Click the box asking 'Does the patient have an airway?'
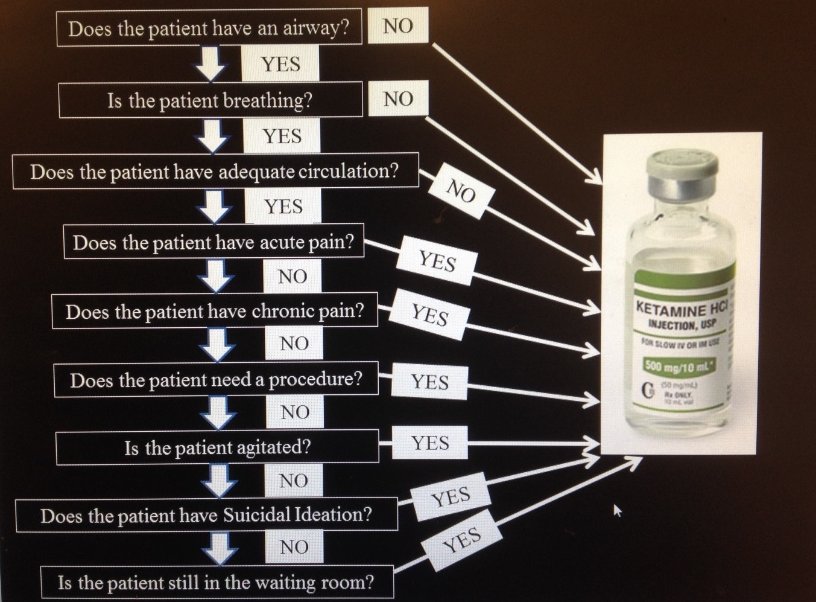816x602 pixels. pos(209,28)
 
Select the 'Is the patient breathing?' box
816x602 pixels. pos(210,100)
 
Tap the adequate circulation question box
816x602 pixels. pos(215,171)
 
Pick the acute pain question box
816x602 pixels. pos(213,242)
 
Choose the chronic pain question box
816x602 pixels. pos(215,312)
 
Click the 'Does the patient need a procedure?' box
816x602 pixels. pos(216,380)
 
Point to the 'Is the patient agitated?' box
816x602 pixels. pos(217,447)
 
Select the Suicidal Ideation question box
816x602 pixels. pos(206,515)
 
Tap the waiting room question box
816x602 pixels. pos(216,583)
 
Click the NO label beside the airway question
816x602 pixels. pos(397,26)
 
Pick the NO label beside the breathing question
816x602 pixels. pos(397,98)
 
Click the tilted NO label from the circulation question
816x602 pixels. pos(461,191)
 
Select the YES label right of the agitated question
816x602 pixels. pos(430,443)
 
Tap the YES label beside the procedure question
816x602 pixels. pos(429,382)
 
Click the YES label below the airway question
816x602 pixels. pos(280,64)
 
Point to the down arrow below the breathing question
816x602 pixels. pos(213,136)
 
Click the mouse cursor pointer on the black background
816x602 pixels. pos(617,511)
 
